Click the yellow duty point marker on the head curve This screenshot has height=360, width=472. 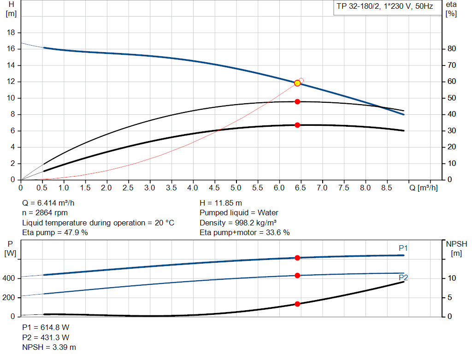[297, 83]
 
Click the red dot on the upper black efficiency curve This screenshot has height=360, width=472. [297, 101]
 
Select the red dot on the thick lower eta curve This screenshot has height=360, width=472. [297, 125]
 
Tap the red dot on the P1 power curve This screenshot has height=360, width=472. [297, 258]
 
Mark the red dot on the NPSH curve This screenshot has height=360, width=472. [297, 304]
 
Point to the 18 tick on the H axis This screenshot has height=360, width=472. [12, 33]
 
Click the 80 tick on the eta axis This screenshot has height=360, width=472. [452, 49]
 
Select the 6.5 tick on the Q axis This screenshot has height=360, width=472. [301, 188]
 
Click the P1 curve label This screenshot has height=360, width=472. [403, 248]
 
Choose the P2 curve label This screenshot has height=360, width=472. [403, 277]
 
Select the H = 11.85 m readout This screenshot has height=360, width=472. [221, 203]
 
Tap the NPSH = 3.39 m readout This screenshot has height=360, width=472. [49, 347]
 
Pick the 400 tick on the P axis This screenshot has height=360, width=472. [11, 278]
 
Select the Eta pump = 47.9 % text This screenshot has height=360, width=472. [55, 232]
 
